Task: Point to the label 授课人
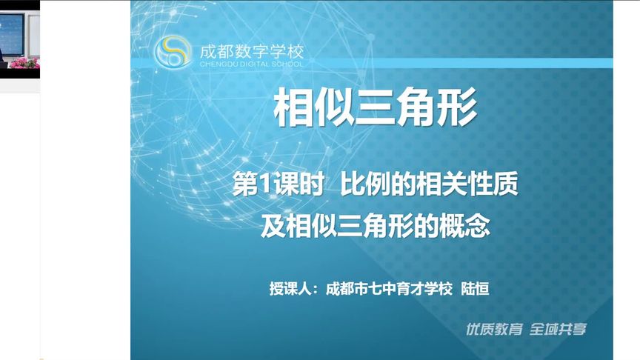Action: pos(293,288)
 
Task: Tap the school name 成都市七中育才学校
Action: pos(388,288)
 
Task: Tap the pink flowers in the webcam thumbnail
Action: pos(25,63)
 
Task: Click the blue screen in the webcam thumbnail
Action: pos(12,30)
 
